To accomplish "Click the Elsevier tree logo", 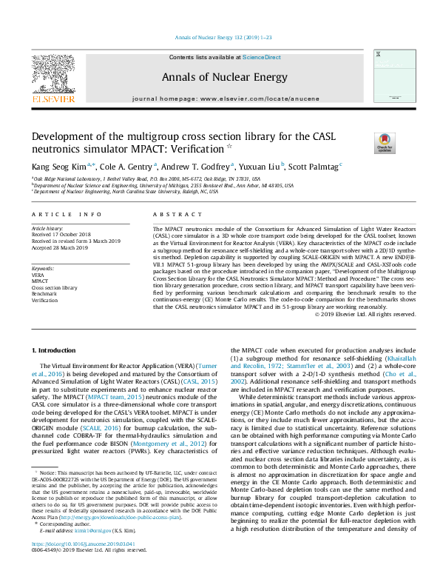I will point(53,74).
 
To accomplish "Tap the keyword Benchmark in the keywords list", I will point(44,293).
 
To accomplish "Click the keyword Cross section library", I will point(54,287).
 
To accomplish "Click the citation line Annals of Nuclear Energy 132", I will point(219,37).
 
